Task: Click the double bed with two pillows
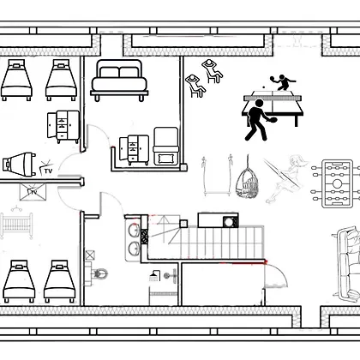(x=119, y=81)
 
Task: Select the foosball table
(x=337, y=183)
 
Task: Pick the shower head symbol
(x=154, y=275)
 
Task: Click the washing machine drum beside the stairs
(x=229, y=222)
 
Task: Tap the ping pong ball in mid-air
(x=263, y=87)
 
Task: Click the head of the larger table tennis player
(x=259, y=103)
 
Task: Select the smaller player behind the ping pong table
(x=282, y=82)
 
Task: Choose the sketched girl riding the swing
(x=285, y=178)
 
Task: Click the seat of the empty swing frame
(x=217, y=195)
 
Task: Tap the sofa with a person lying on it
(x=347, y=263)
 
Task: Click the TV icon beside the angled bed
(x=45, y=169)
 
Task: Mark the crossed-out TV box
(x=33, y=192)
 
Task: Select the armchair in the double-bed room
(x=166, y=147)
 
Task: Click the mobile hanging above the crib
(x=16, y=208)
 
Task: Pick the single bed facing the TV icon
(x=19, y=165)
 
